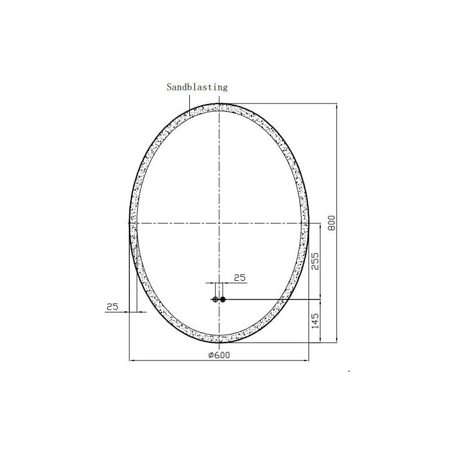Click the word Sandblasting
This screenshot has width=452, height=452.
197,87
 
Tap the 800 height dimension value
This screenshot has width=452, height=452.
332,223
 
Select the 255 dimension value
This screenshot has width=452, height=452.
316,261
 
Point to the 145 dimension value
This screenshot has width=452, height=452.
316,321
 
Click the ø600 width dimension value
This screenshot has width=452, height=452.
219,355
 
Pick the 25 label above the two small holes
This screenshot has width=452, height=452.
240,278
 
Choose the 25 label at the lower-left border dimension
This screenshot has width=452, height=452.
112,307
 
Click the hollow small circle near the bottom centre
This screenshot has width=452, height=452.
215,299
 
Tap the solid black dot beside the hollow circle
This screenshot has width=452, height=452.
223,299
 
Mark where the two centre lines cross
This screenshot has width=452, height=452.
219,223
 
